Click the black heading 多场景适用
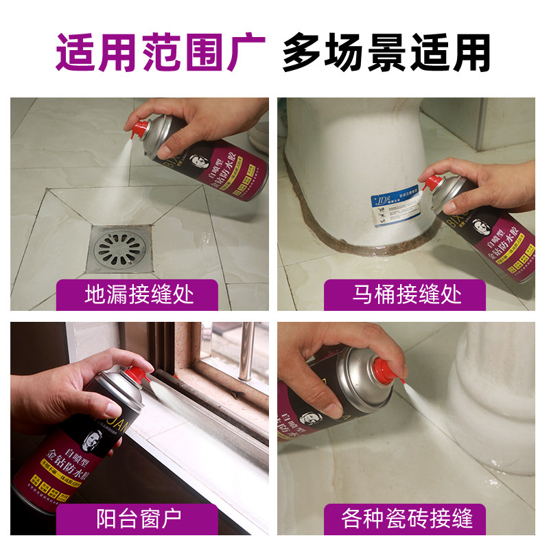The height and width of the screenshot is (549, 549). click(387, 51)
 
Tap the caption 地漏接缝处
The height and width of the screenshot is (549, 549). click(139, 295)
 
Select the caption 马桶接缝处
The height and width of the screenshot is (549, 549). click(407, 295)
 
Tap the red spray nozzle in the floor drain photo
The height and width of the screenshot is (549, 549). click(141, 128)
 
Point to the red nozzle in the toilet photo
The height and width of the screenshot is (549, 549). click(432, 184)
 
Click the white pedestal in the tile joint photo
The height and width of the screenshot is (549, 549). click(494, 384)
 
